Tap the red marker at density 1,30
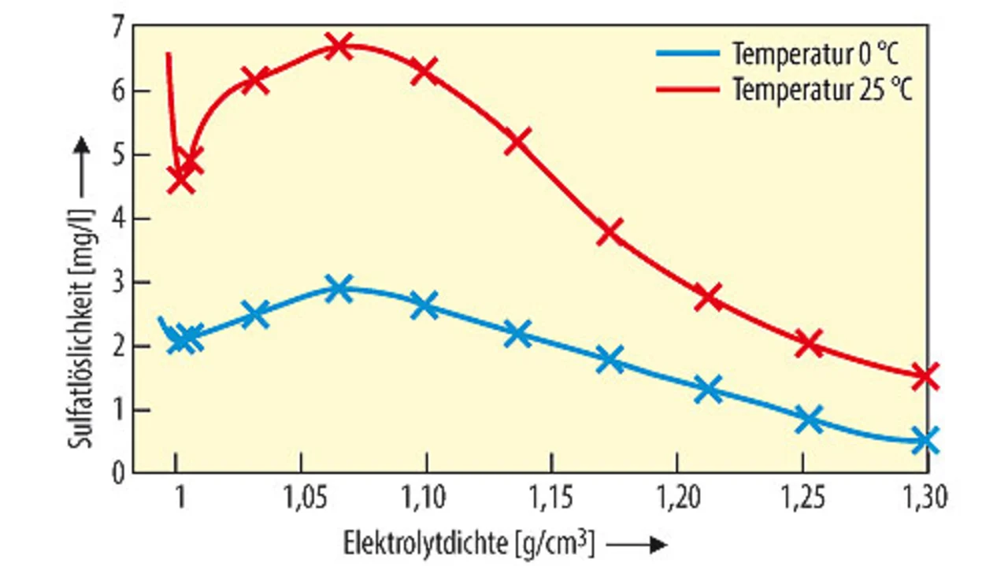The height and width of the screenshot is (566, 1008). click(926, 375)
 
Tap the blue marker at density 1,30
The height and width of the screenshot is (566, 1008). click(926, 440)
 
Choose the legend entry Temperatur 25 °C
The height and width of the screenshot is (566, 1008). click(822, 89)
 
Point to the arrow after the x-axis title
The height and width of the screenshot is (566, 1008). click(639, 544)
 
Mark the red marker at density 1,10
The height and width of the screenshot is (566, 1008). click(424, 71)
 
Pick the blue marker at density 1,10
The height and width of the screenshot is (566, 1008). click(424, 305)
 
